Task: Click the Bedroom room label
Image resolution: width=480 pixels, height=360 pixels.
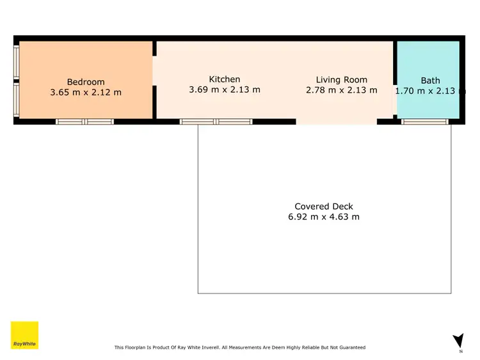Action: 86,82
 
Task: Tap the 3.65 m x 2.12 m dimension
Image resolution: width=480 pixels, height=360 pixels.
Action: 86,93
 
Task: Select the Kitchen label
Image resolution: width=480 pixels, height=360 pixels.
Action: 225,79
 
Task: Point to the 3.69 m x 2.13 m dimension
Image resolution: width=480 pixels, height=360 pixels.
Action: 225,90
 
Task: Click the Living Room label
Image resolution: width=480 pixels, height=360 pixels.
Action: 342,80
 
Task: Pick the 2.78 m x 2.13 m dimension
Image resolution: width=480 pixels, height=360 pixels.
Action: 342,90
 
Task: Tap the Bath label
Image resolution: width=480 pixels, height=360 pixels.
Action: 430,81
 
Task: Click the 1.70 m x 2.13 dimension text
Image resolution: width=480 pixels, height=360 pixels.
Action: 428,91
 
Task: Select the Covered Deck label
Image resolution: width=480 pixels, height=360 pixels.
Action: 324,207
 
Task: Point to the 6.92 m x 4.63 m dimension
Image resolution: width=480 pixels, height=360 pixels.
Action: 324,217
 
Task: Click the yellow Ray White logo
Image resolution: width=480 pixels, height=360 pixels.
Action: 24,335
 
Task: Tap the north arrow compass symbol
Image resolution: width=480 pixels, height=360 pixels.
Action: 458,341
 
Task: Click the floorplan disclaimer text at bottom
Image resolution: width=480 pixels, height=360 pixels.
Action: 240,348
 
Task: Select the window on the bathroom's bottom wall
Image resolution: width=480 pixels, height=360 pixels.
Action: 425,121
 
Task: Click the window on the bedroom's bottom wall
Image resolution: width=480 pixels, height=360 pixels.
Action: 84,121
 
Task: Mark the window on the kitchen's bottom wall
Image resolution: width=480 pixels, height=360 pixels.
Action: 216,121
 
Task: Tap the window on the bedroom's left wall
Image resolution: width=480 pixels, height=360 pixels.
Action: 16,81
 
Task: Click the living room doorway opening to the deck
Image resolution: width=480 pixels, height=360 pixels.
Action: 336,121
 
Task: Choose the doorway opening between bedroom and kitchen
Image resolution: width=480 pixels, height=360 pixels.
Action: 154,71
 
